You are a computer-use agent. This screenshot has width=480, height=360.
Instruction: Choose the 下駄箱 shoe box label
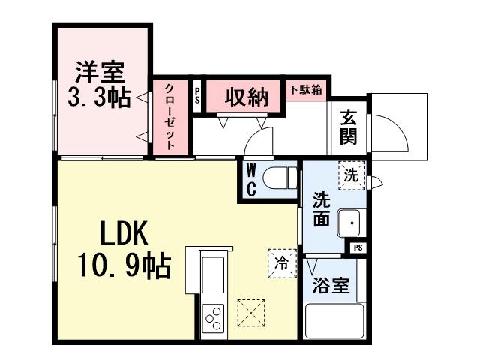click(x=306, y=89)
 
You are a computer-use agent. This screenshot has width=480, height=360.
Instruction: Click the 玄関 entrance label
click(x=348, y=127)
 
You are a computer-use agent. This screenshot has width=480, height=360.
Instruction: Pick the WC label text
click(x=251, y=180)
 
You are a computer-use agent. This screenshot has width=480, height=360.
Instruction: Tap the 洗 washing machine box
click(x=350, y=175)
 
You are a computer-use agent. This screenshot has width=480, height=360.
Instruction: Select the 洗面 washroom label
click(x=321, y=211)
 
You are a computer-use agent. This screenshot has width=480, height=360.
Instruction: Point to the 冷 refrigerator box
click(x=282, y=263)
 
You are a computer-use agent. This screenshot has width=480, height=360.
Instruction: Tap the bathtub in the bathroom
click(x=334, y=322)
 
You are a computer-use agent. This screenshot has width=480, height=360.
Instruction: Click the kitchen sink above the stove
click(x=213, y=275)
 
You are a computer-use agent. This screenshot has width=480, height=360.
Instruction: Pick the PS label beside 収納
click(x=197, y=97)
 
